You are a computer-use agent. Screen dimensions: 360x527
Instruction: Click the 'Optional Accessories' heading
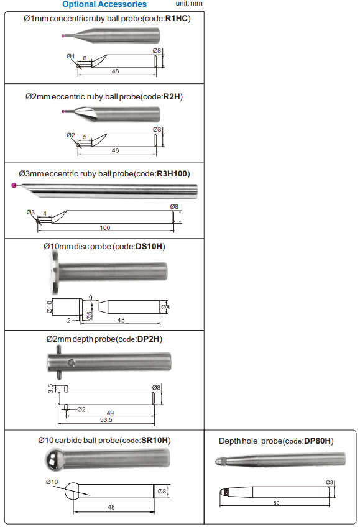point(104,4)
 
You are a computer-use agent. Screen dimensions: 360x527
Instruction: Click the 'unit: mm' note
point(189,3)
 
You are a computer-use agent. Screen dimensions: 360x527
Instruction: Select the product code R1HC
point(177,19)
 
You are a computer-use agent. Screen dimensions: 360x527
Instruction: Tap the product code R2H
point(172,97)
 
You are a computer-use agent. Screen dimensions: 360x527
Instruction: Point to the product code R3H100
point(172,174)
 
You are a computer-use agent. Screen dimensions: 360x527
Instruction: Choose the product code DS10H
point(149,247)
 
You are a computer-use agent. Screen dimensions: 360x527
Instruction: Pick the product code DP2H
point(148,339)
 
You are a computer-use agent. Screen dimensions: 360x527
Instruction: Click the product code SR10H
point(155,440)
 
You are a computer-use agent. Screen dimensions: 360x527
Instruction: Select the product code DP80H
point(317,441)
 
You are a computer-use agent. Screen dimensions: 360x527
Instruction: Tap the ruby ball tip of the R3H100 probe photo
point(14,185)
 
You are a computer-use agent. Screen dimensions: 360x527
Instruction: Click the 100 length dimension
point(105,228)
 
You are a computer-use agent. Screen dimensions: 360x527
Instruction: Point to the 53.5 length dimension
point(106,419)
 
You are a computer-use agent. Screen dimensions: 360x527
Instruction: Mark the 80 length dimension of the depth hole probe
point(276,503)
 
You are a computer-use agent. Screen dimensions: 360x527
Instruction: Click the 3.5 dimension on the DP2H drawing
point(50,388)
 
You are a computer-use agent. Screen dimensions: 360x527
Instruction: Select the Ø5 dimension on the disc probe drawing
point(89,316)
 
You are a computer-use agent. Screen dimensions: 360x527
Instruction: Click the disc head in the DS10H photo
point(53,272)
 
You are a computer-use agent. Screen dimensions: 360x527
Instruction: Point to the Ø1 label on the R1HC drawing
point(71,56)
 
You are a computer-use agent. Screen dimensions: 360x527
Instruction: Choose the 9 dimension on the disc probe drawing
point(90,298)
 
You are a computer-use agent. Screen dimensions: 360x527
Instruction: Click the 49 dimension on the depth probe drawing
point(110,413)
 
